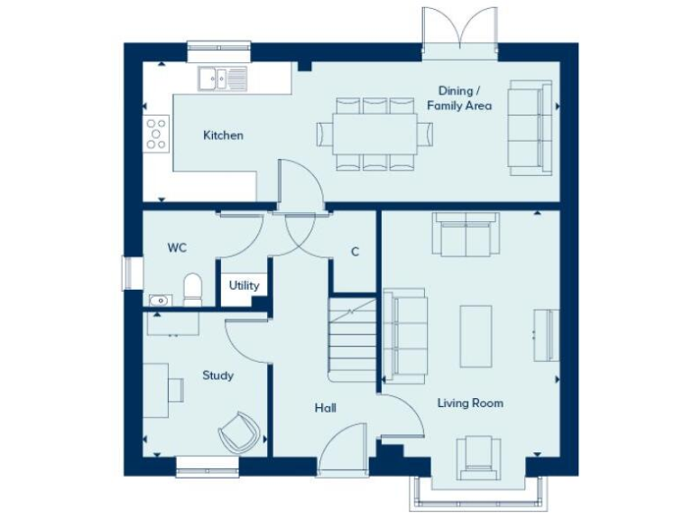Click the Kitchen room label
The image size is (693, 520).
(223, 135)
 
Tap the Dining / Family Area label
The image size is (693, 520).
(465, 98)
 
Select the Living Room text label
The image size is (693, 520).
(470, 403)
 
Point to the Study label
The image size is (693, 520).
(217, 376)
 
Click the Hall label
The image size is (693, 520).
(326, 408)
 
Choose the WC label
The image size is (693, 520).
(177, 246)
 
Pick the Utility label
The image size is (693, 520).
(244, 285)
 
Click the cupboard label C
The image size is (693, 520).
(355, 252)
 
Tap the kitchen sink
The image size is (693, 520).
(221, 79)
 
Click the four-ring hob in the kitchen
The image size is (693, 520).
(155, 133)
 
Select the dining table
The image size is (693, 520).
(374, 134)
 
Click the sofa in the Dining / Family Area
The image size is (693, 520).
(530, 127)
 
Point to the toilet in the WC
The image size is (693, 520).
(191, 290)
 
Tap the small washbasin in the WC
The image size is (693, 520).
(157, 299)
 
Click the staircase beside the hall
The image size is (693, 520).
(353, 341)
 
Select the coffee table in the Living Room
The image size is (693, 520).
(476, 333)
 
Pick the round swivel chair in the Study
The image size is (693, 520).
(238, 432)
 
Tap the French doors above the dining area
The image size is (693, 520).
(461, 30)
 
